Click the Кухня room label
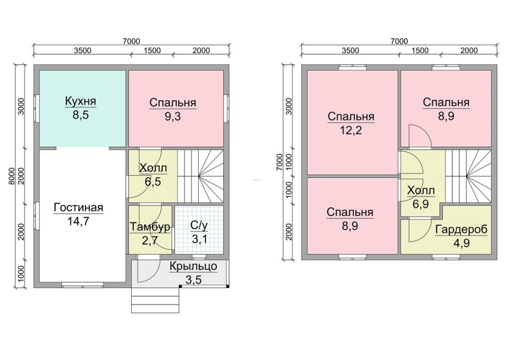[x=80, y=100]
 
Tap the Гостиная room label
[x=78, y=208]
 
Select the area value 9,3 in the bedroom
[x=173, y=116]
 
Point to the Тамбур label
[x=150, y=227]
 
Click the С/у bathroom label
[x=199, y=226]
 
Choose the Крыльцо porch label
[x=194, y=266]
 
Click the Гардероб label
[x=461, y=230]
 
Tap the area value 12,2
[x=351, y=130]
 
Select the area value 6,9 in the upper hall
[x=421, y=204]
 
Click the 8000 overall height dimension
[x=12, y=176]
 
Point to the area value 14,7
[x=78, y=221]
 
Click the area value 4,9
[x=461, y=244]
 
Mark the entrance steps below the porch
[x=156, y=300]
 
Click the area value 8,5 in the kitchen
[x=81, y=115]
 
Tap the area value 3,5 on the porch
[x=194, y=280]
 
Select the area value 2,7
[x=150, y=241]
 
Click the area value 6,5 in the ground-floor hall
[x=153, y=181]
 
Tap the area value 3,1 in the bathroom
[x=199, y=239]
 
